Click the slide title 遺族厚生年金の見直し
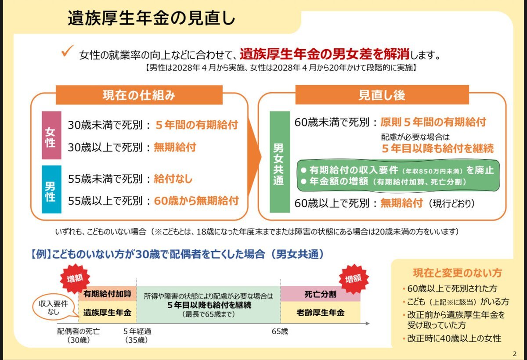coord(151,18)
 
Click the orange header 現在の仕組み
coord(139,95)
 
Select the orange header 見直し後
coord(382,95)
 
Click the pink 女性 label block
coord(51,135)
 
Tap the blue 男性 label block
coord(51,189)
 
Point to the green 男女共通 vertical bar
coord(280,162)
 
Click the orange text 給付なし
coord(173,179)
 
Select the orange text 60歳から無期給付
coord(196,201)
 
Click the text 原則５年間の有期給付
coord(433,122)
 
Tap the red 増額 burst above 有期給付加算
coord(75,279)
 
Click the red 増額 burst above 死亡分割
coord(354,279)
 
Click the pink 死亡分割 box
coord(320,294)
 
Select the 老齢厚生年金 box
coord(320,313)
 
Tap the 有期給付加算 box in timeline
coord(107,294)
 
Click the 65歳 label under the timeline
coord(280,331)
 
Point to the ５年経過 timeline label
coord(137,331)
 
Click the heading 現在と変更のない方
coord(457,273)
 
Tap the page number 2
coord(515,354)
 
